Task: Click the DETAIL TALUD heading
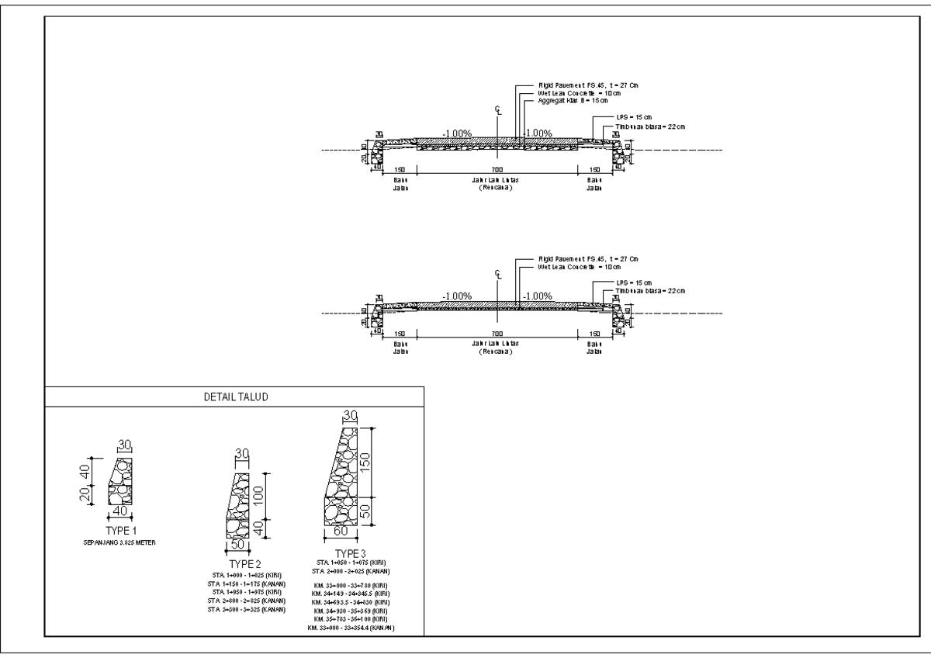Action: tap(234, 397)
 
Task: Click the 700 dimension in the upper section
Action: tap(497, 169)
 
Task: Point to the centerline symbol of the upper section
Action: tap(497, 109)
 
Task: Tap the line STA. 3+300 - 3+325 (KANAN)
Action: tap(244, 610)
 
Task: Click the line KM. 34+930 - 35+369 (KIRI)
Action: tap(351, 611)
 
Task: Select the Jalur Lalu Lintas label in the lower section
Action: tap(497, 342)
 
